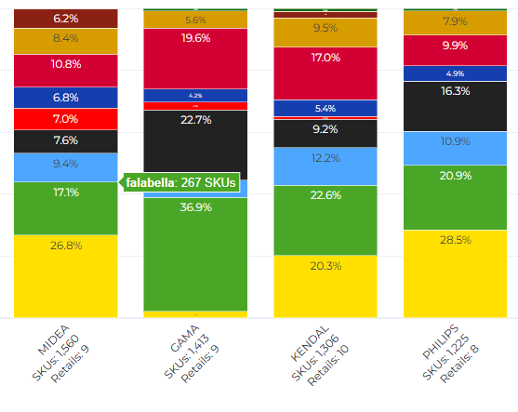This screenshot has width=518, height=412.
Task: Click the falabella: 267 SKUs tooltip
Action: tap(179, 183)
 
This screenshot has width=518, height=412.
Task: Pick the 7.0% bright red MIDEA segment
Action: tap(66, 119)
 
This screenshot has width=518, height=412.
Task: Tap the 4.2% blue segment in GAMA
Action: tap(195, 95)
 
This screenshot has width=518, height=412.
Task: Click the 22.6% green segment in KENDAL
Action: tap(325, 220)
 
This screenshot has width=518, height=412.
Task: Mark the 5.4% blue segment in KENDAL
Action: tap(325, 109)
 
